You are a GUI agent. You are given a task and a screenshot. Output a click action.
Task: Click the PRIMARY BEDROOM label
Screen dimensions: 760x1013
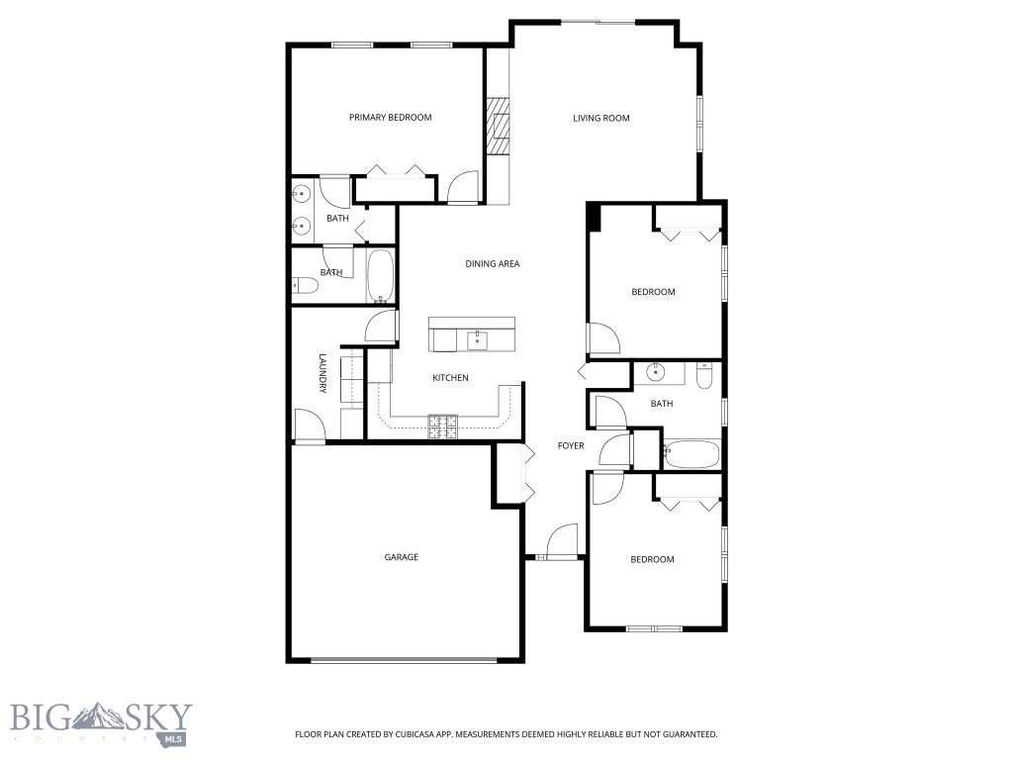click(390, 118)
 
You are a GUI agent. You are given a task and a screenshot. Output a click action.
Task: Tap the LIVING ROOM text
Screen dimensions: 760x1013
click(600, 119)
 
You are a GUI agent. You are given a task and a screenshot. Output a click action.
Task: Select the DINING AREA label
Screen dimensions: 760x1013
click(492, 264)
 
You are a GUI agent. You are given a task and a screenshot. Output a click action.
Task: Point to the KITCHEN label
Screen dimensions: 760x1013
click(450, 378)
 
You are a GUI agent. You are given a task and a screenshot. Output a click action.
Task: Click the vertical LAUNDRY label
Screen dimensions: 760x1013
click(322, 375)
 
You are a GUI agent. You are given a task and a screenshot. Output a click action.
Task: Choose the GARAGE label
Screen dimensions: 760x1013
click(401, 557)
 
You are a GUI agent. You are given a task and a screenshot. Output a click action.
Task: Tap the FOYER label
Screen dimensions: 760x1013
click(571, 446)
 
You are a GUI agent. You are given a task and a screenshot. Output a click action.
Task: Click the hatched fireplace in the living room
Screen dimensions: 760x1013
click(498, 126)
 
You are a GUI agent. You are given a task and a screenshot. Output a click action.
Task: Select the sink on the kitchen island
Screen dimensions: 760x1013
click(477, 340)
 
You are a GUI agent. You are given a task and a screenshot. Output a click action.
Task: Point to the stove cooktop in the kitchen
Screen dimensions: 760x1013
click(442, 426)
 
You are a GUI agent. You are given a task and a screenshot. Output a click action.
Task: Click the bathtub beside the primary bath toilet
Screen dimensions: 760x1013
click(381, 277)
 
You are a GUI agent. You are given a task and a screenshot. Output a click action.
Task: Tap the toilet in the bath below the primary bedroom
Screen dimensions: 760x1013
click(305, 286)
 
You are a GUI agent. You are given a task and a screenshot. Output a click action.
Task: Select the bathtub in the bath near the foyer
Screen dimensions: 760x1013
click(691, 454)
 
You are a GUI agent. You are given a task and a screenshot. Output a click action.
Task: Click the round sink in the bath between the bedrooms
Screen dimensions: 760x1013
click(655, 373)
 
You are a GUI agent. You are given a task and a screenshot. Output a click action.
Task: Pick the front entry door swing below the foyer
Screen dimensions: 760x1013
click(561, 542)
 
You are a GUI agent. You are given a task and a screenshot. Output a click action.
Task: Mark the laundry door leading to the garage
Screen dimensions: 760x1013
click(310, 427)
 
